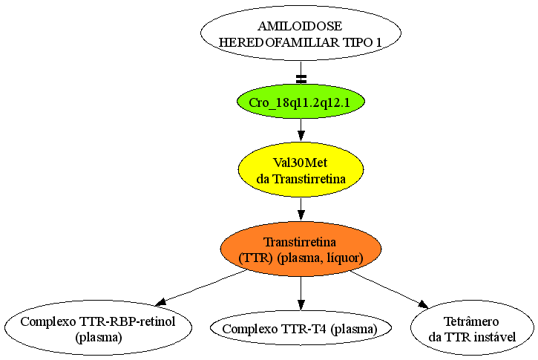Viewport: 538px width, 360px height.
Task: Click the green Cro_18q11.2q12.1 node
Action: [301, 102]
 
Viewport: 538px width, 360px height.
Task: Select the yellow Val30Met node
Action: [301, 169]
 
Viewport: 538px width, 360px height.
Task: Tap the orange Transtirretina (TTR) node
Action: [301, 249]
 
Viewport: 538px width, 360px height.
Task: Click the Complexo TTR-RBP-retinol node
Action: [98, 328]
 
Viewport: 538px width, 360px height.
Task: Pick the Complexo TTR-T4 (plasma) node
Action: [301, 328]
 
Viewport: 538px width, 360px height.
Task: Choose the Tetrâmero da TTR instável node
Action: [472, 328]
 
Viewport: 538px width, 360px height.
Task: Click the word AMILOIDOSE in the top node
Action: [300, 26]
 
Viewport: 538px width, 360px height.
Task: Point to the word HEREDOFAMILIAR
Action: [279, 42]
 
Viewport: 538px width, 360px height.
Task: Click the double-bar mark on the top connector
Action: [301, 79]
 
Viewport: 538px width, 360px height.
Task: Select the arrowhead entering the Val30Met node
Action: [301, 137]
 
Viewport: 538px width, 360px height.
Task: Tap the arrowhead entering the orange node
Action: [301, 215]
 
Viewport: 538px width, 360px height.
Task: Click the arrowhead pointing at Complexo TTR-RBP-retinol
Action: [161, 302]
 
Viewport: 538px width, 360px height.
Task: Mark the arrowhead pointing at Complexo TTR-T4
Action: [301, 305]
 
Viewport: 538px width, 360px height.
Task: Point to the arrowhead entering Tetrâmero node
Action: [424, 304]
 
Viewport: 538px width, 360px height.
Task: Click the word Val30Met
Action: [301, 163]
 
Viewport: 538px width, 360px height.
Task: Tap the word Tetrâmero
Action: [471, 321]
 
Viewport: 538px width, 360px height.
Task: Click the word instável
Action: [495, 337]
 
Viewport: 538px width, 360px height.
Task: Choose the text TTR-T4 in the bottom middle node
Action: [304, 329]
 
